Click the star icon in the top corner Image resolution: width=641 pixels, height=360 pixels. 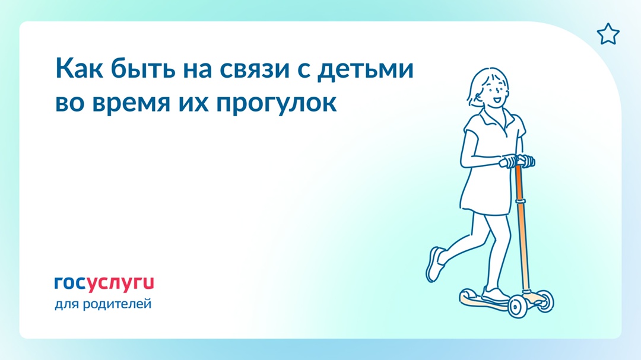click(x=607, y=34)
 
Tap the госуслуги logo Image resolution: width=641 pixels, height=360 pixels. click(x=104, y=283)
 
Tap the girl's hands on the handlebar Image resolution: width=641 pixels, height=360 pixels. click(x=515, y=161)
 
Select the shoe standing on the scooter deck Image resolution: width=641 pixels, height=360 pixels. click(x=494, y=295)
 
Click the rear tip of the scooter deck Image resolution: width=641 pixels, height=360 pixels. click(x=464, y=294)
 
